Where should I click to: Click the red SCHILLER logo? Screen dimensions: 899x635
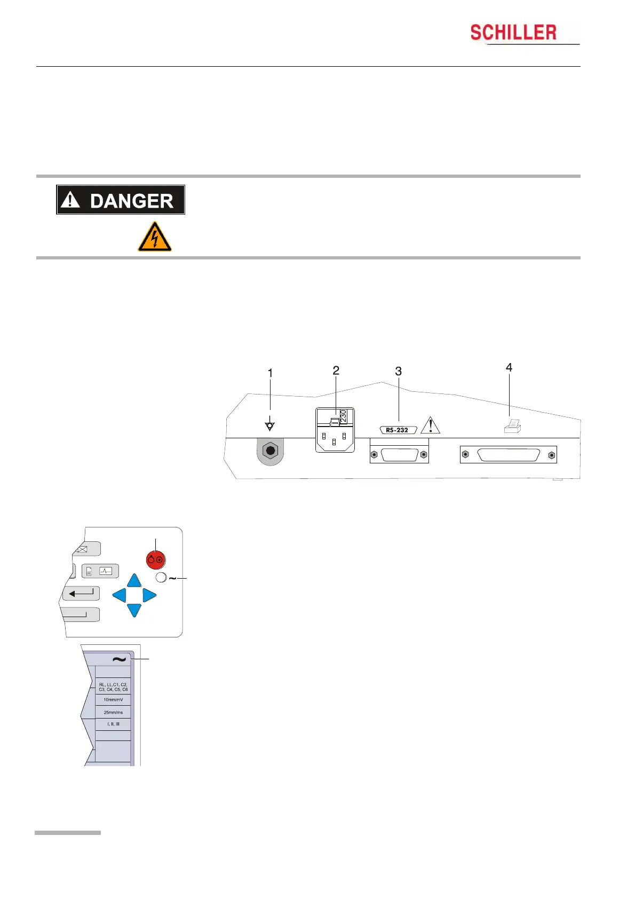coord(513,33)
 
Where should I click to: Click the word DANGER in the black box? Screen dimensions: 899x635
coord(131,201)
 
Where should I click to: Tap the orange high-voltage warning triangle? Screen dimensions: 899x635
coord(154,237)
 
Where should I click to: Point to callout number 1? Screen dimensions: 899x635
coord(271,373)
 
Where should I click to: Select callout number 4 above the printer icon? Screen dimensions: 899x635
coord(509,367)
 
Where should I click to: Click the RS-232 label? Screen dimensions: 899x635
coord(398,430)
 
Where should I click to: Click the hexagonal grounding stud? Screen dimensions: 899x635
coord(271,452)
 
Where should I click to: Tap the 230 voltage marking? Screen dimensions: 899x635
coord(343,416)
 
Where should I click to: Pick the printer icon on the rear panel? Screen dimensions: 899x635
coord(512,425)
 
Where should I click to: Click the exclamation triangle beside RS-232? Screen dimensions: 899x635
coord(430,426)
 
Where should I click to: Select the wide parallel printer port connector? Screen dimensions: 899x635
coord(509,455)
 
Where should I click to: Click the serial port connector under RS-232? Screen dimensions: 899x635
coord(399,455)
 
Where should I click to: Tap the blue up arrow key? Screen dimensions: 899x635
coord(134,581)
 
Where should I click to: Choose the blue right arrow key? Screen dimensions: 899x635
coord(149,595)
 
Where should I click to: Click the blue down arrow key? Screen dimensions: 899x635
coord(134,610)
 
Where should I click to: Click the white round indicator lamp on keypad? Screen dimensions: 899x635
coord(161,577)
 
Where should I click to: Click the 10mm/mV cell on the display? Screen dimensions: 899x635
coord(113,699)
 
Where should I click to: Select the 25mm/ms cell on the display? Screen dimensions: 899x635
coord(113,712)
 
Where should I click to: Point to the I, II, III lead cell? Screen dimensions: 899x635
coord(113,724)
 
